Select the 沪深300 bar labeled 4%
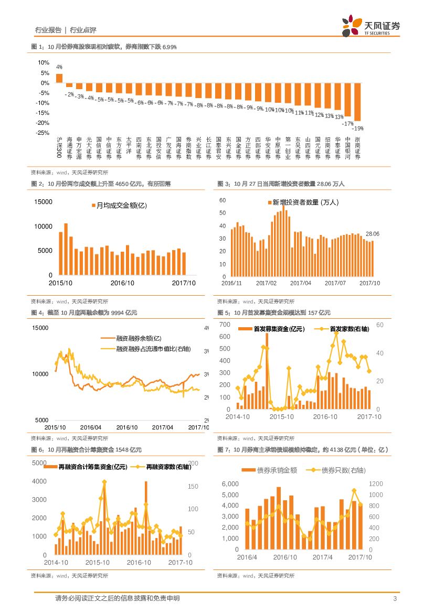(59, 78)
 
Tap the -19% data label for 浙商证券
(358, 128)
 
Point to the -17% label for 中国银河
(348, 124)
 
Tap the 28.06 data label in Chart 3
(373, 233)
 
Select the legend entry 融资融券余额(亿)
(138, 339)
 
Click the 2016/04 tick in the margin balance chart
(91, 427)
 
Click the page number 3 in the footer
(394, 599)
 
